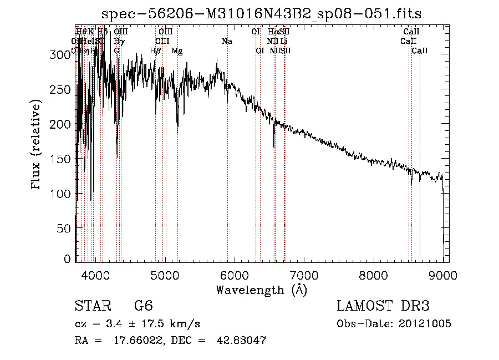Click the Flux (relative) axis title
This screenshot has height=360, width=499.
tap(37, 145)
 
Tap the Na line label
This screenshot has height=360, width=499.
tap(227, 41)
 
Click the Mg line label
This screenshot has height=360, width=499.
tap(177, 51)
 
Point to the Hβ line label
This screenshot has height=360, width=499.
tap(156, 51)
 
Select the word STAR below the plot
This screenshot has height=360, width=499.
tap(93, 306)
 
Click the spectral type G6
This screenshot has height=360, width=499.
tap(143, 306)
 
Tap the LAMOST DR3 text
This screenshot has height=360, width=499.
tap(383, 306)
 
